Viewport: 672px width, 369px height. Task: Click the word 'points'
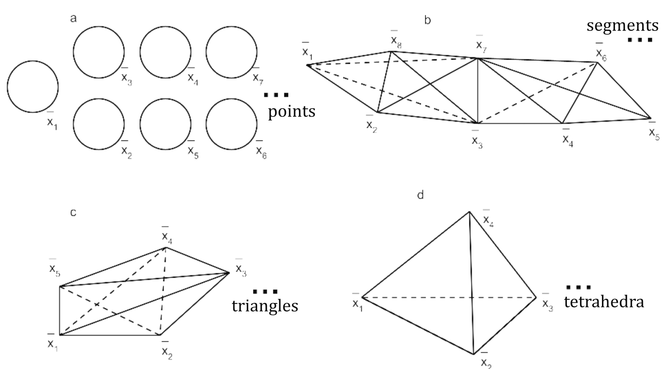point(291,111)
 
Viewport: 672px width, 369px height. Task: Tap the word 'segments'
point(622,25)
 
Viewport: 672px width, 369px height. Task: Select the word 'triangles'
point(265,306)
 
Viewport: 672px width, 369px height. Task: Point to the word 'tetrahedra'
point(604,301)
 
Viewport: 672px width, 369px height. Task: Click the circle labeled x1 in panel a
point(33,86)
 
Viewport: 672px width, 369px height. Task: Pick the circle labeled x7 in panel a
point(231,52)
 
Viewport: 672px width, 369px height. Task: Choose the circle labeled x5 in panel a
point(165,124)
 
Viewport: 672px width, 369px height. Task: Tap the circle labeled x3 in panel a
point(99,52)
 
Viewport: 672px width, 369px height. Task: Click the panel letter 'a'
point(73,18)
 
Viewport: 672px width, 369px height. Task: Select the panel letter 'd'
point(420,195)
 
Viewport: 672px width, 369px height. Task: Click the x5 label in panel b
point(654,133)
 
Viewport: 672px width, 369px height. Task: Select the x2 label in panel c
point(167,352)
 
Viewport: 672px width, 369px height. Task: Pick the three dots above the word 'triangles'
point(265,291)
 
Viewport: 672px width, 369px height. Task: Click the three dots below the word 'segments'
point(640,40)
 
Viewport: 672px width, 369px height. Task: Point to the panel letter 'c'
point(73,212)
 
